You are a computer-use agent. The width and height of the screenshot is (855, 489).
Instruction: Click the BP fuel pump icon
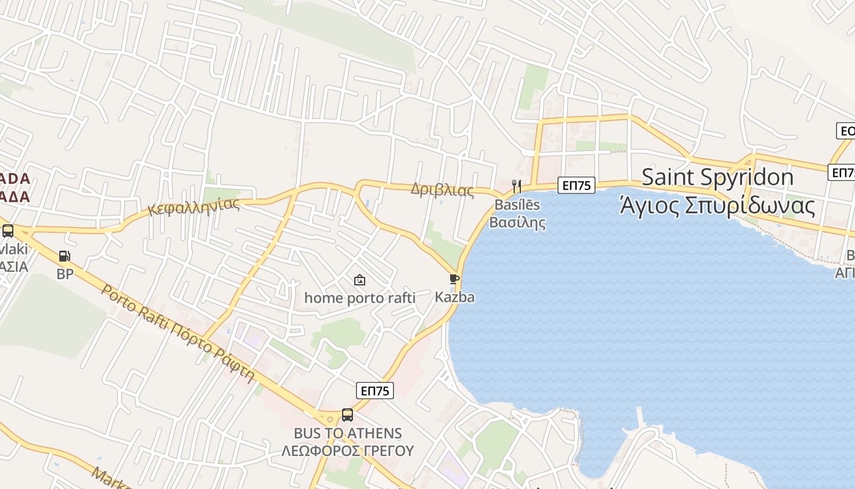tap(64, 256)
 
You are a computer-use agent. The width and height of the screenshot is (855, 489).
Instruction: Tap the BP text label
tap(65, 274)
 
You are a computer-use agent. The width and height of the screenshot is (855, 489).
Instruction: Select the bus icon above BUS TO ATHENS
tap(347, 415)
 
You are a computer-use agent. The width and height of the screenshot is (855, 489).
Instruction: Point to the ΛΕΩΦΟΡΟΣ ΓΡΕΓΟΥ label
tap(347, 451)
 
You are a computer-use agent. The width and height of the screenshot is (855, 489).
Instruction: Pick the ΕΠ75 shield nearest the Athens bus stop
tap(375, 391)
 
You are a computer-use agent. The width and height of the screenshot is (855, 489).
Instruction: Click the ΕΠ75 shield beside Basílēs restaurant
tap(576, 185)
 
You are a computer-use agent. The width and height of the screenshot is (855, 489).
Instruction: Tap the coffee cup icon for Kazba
tap(454, 279)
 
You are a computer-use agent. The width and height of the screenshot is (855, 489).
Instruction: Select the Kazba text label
tap(454, 297)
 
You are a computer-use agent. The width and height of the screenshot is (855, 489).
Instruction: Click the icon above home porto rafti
tap(360, 280)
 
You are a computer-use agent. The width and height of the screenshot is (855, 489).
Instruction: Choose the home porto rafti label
tap(360, 298)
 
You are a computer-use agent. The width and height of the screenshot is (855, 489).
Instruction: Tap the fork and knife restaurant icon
tap(517, 185)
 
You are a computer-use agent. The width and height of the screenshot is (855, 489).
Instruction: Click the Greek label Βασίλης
tap(517, 222)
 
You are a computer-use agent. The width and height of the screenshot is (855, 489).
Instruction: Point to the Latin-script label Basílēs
tap(517, 204)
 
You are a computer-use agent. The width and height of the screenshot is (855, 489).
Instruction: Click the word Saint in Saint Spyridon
tap(668, 177)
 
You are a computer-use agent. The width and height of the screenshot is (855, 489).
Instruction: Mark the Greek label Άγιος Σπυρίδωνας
tap(717, 205)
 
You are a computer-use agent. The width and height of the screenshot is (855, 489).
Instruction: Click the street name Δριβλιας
tap(442, 189)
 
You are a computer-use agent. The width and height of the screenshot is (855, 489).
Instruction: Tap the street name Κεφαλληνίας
tap(194, 206)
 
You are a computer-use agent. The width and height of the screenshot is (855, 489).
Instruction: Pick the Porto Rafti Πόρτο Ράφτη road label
tap(177, 333)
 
